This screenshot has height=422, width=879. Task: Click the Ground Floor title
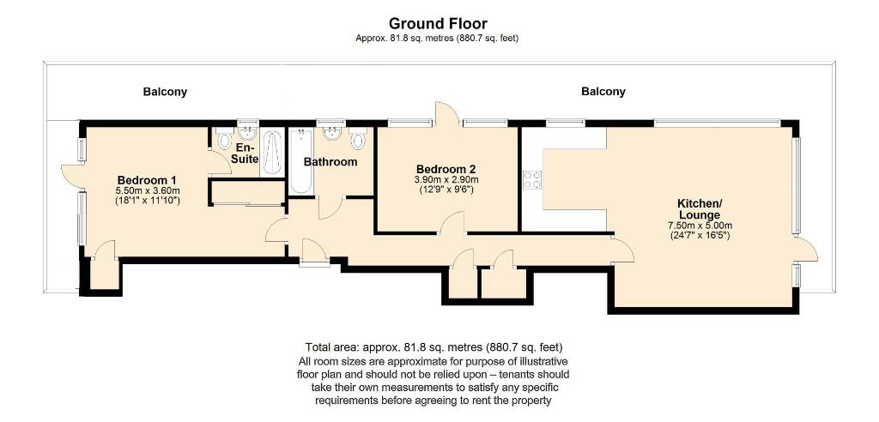438,23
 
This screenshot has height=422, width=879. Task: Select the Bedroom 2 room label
446,169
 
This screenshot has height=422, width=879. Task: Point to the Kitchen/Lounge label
700,208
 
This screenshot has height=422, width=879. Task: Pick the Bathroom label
330,161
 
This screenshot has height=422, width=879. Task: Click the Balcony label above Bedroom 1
165,92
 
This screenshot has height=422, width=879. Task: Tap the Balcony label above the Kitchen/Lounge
603,92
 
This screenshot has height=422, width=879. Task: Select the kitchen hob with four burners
532,179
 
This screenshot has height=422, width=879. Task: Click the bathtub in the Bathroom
300,160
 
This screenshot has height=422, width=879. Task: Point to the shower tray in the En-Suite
272,153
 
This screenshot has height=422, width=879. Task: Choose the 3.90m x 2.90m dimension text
446,180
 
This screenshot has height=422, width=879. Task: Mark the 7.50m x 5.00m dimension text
700,226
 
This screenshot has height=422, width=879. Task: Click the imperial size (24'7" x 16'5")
700,235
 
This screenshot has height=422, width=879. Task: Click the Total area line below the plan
438,347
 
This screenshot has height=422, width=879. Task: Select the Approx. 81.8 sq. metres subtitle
438,38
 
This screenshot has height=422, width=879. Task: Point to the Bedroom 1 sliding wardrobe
247,193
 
